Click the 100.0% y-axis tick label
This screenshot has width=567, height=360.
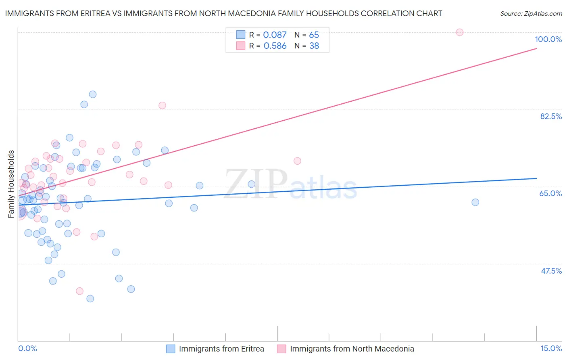[548, 39]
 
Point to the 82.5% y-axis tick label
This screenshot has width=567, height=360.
[551, 116]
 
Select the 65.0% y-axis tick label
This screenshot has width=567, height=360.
[550, 193]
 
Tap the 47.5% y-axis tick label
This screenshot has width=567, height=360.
[551, 271]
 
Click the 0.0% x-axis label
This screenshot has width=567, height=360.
[27, 348]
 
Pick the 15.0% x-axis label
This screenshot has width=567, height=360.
[551, 348]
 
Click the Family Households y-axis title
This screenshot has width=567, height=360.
[11, 184]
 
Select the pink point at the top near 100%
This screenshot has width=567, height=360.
[459, 32]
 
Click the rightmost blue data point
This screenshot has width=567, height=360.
[475, 202]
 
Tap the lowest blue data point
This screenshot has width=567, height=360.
[90, 299]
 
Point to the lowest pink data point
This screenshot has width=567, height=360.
[79, 291]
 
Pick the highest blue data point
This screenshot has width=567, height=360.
[93, 94]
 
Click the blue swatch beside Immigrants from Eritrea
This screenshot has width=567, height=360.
[171, 349]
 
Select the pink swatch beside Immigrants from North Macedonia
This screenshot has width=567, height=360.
[281, 349]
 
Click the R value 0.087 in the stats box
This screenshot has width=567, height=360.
[275, 35]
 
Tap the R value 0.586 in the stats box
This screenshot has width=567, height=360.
[275, 46]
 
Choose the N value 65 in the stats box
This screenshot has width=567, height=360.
[314, 35]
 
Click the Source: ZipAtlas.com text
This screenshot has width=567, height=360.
[531, 14]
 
